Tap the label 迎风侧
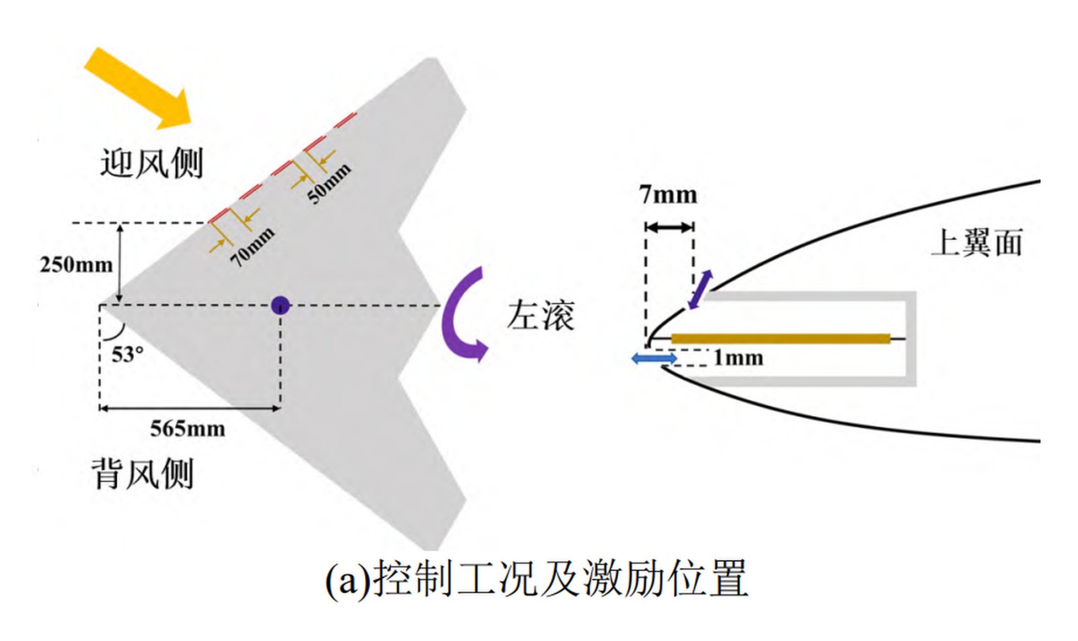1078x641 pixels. [151, 163]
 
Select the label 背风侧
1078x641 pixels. [143, 474]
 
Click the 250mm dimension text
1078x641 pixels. [76, 265]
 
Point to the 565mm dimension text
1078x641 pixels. [188, 429]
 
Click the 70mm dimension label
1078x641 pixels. [252, 247]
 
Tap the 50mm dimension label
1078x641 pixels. [329, 183]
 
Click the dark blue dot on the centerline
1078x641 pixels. [280, 305]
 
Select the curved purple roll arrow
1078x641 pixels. [461, 315]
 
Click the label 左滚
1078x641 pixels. [541, 316]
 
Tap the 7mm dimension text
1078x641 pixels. [668, 195]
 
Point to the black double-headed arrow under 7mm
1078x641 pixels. [669, 227]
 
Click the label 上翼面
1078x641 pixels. [977, 243]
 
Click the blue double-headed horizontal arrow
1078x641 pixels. [654, 358]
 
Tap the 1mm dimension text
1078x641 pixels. [738, 358]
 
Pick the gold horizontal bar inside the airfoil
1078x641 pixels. [780, 338]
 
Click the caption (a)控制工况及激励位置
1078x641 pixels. [537, 579]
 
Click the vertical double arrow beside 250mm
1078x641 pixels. [120, 264]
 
